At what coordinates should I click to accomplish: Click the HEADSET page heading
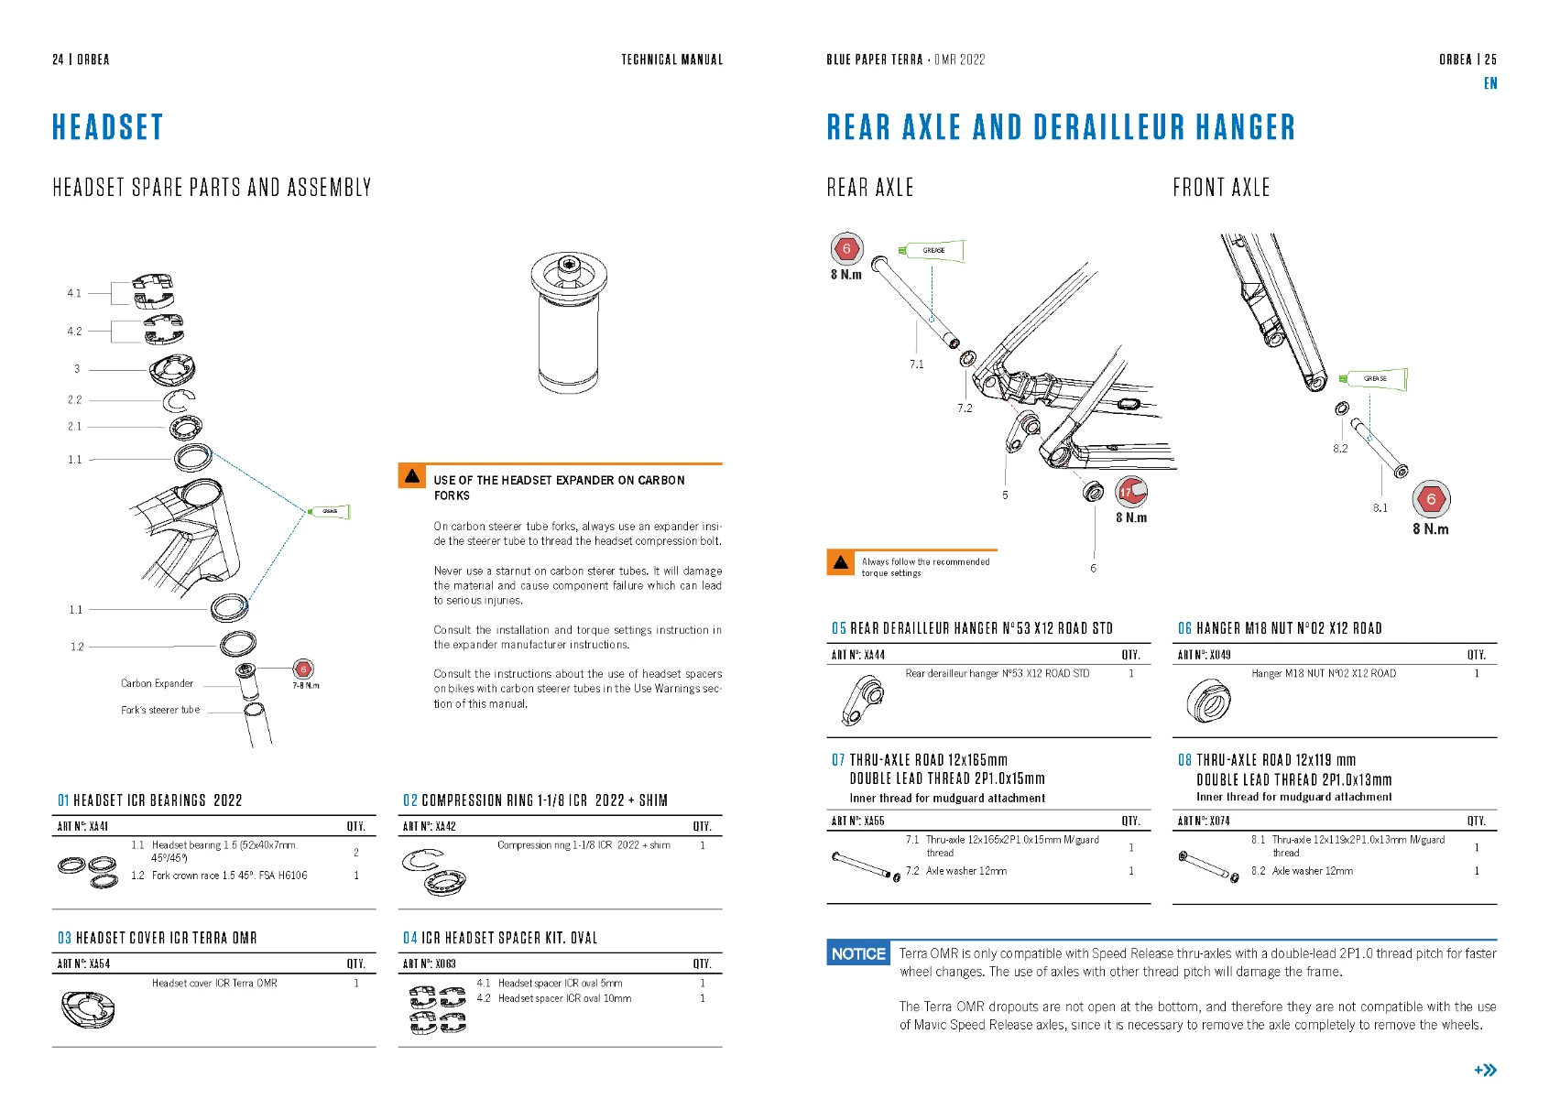[x=107, y=127]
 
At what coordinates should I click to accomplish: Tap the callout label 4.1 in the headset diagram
[x=74, y=293]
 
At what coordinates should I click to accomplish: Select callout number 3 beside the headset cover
[x=77, y=369]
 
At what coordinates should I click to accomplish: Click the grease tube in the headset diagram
[x=329, y=511]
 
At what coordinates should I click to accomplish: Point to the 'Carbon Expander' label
[x=157, y=683]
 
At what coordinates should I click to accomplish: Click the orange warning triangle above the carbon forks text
[x=412, y=476]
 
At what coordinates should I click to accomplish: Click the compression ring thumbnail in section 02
[x=434, y=871]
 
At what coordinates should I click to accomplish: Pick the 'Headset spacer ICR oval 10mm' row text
[x=564, y=998]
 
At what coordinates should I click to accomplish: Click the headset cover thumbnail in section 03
[x=88, y=1008]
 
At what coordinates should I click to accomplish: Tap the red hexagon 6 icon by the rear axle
[x=846, y=248]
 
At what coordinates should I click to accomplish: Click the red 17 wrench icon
[x=1131, y=493]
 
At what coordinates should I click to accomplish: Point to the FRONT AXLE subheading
[x=1221, y=188]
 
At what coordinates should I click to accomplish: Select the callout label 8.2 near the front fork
[x=1340, y=449]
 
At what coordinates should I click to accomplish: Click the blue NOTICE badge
[x=858, y=953]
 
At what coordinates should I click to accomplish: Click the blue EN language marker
[x=1490, y=83]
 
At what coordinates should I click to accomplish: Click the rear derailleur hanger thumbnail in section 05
[x=861, y=701]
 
